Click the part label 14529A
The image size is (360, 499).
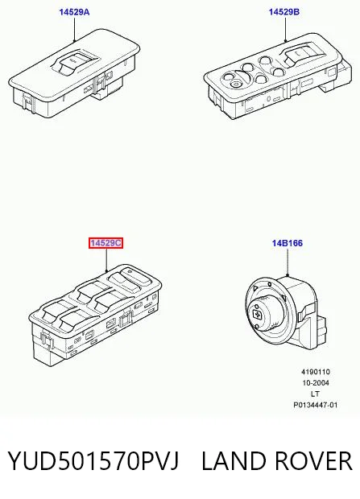[x=74, y=12]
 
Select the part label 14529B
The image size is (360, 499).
[x=284, y=12]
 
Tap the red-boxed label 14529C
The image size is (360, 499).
[x=106, y=243]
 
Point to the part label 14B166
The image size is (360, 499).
[x=288, y=243]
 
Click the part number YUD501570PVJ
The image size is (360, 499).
[x=93, y=460]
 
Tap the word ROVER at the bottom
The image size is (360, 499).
[x=313, y=460]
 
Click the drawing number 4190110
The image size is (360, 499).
[x=316, y=372]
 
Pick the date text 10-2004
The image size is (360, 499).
[x=316, y=383]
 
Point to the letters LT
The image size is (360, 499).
[x=315, y=394]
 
